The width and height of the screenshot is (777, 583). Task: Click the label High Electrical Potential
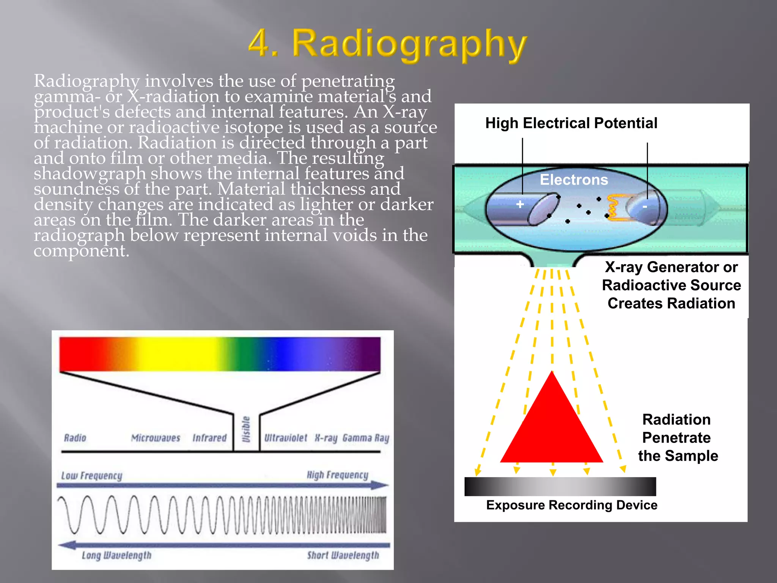(571, 123)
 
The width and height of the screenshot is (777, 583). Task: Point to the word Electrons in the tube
(574, 180)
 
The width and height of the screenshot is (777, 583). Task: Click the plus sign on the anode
(520, 204)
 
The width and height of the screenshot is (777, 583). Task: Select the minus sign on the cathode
(645, 207)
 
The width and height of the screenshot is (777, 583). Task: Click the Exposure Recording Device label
(571, 505)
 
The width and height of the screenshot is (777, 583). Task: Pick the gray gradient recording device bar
(560, 486)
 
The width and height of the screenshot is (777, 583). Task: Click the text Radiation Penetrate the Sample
(677, 438)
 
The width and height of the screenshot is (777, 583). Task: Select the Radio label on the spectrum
(75, 438)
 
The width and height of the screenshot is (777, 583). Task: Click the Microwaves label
(156, 438)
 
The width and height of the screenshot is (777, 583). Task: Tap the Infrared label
(209, 438)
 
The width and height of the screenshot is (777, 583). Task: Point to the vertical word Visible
(246, 429)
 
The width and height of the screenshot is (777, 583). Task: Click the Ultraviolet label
(286, 438)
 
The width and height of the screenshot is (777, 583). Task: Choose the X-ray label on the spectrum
(326, 438)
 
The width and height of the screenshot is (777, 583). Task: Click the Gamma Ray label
(366, 438)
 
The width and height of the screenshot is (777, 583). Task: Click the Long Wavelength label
(116, 555)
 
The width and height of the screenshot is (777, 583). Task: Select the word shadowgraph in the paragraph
(90, 174)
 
